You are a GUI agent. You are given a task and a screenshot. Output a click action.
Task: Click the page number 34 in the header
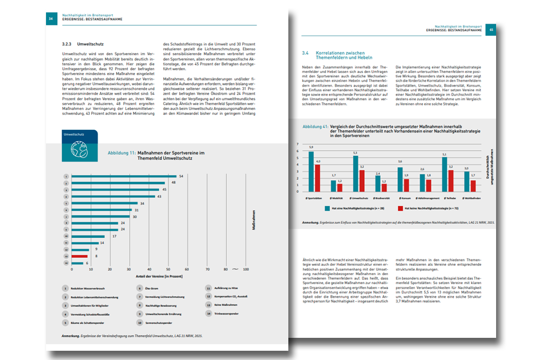coord(50,18)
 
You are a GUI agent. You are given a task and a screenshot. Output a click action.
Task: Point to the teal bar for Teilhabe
coord(444,175)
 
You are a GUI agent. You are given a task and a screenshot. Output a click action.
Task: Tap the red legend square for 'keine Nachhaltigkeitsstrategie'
coord(400,208)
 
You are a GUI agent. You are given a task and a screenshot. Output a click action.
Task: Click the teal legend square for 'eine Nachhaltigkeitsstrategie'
coord(328,208)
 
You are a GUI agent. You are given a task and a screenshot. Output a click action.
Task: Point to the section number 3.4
coord(305,54)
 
